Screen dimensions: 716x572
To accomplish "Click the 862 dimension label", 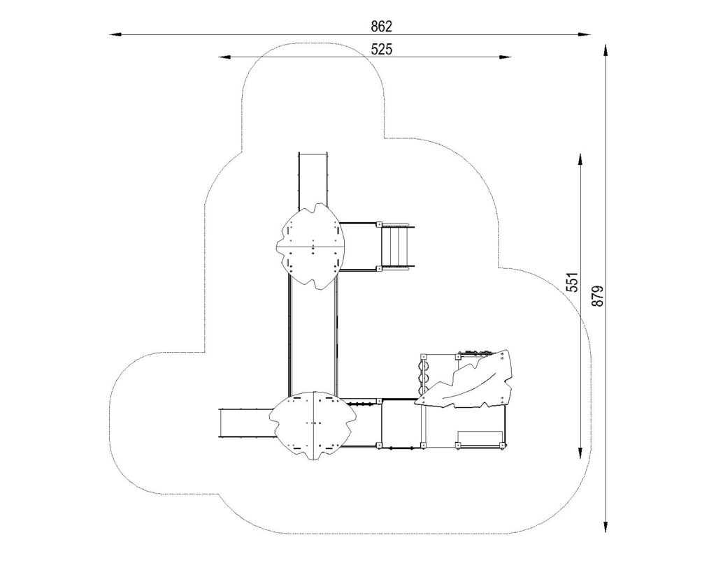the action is [x=381, y=27].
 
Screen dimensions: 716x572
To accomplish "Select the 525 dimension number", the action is [x=381, y=50].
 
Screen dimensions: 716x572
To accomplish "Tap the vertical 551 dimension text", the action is [x=573, y=282].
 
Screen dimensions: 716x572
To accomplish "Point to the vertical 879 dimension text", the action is [x=598, y=296].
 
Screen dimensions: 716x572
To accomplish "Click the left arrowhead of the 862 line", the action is [x=115, y=34].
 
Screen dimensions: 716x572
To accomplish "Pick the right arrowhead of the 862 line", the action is [x=585, y=34].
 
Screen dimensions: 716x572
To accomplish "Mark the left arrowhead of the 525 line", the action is [x=224, y=57].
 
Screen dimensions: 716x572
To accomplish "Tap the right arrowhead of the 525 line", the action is [x=506, y=57].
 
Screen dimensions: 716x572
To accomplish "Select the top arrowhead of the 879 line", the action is [x=606, y=50].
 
